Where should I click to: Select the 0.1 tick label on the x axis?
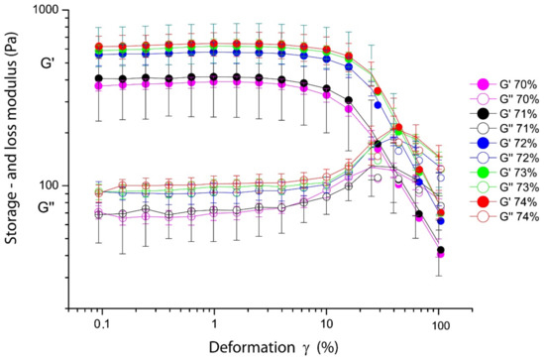[101, 323]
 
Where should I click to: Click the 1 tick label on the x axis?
[213, 323]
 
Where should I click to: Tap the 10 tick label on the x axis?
[326, 323]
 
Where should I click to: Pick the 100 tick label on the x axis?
[438, 323]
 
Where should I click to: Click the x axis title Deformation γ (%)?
[271, 348]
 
